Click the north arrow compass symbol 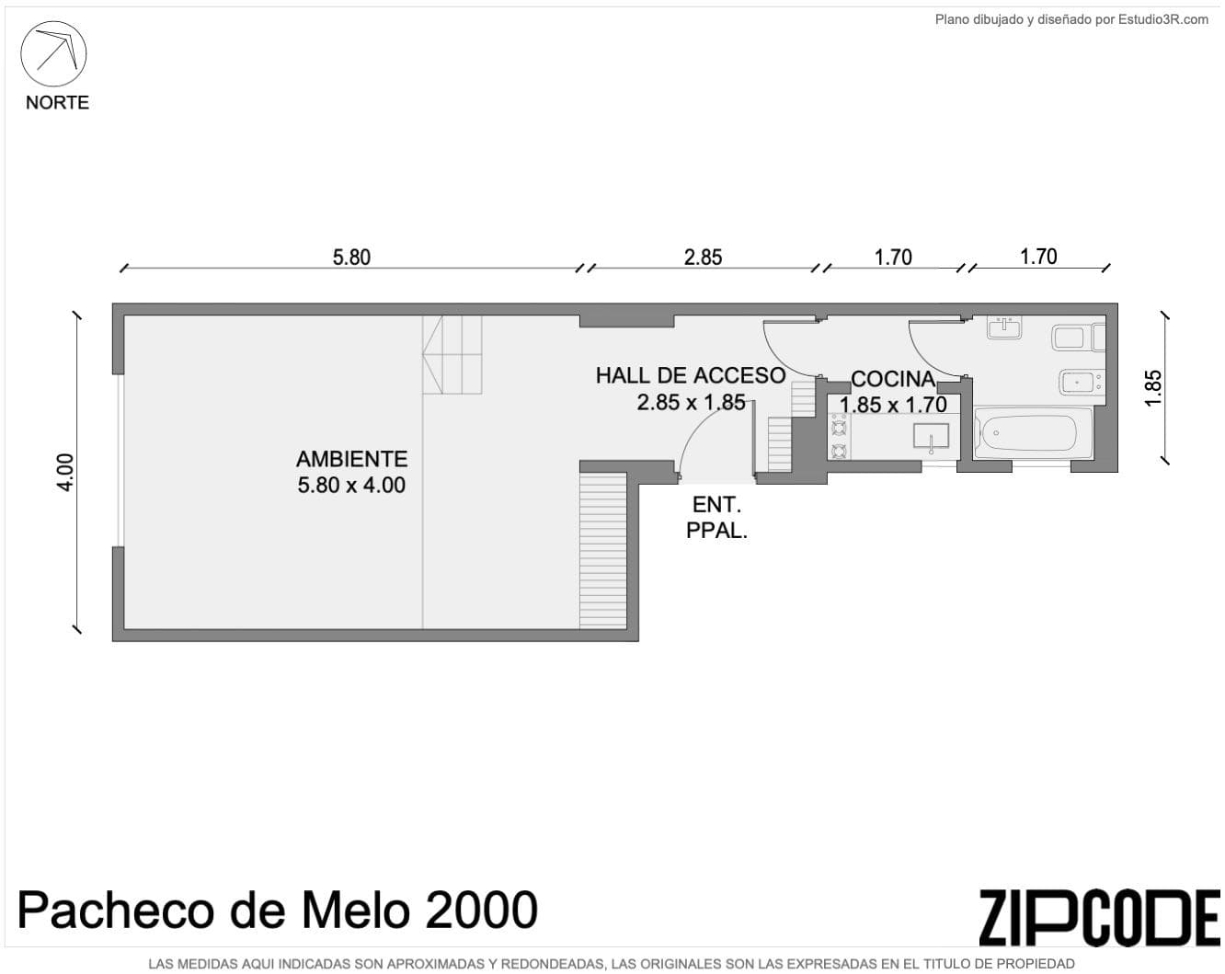pos(53,53)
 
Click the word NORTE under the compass pos(57,102)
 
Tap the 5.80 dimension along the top pos(351,257)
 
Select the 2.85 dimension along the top pos(703,257)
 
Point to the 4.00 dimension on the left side pos(65,473)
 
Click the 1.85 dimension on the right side pos(1153,387)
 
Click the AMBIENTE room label pos(351,458)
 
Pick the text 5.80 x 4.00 pos(351,485)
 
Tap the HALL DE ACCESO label pos(690,375)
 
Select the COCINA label pos(892,379)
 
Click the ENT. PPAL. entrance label pos(716,517)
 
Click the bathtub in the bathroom pos(1032,431)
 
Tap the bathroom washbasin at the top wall pos(1004,327)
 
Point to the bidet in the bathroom pos(1081,382)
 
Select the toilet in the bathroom pos(1076,338)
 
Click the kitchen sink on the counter pos(931,436)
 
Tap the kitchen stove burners pos(839,437)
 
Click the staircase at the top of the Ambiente pos(452,355)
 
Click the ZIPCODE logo pos(1099,917)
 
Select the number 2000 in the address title pos(481,911)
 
